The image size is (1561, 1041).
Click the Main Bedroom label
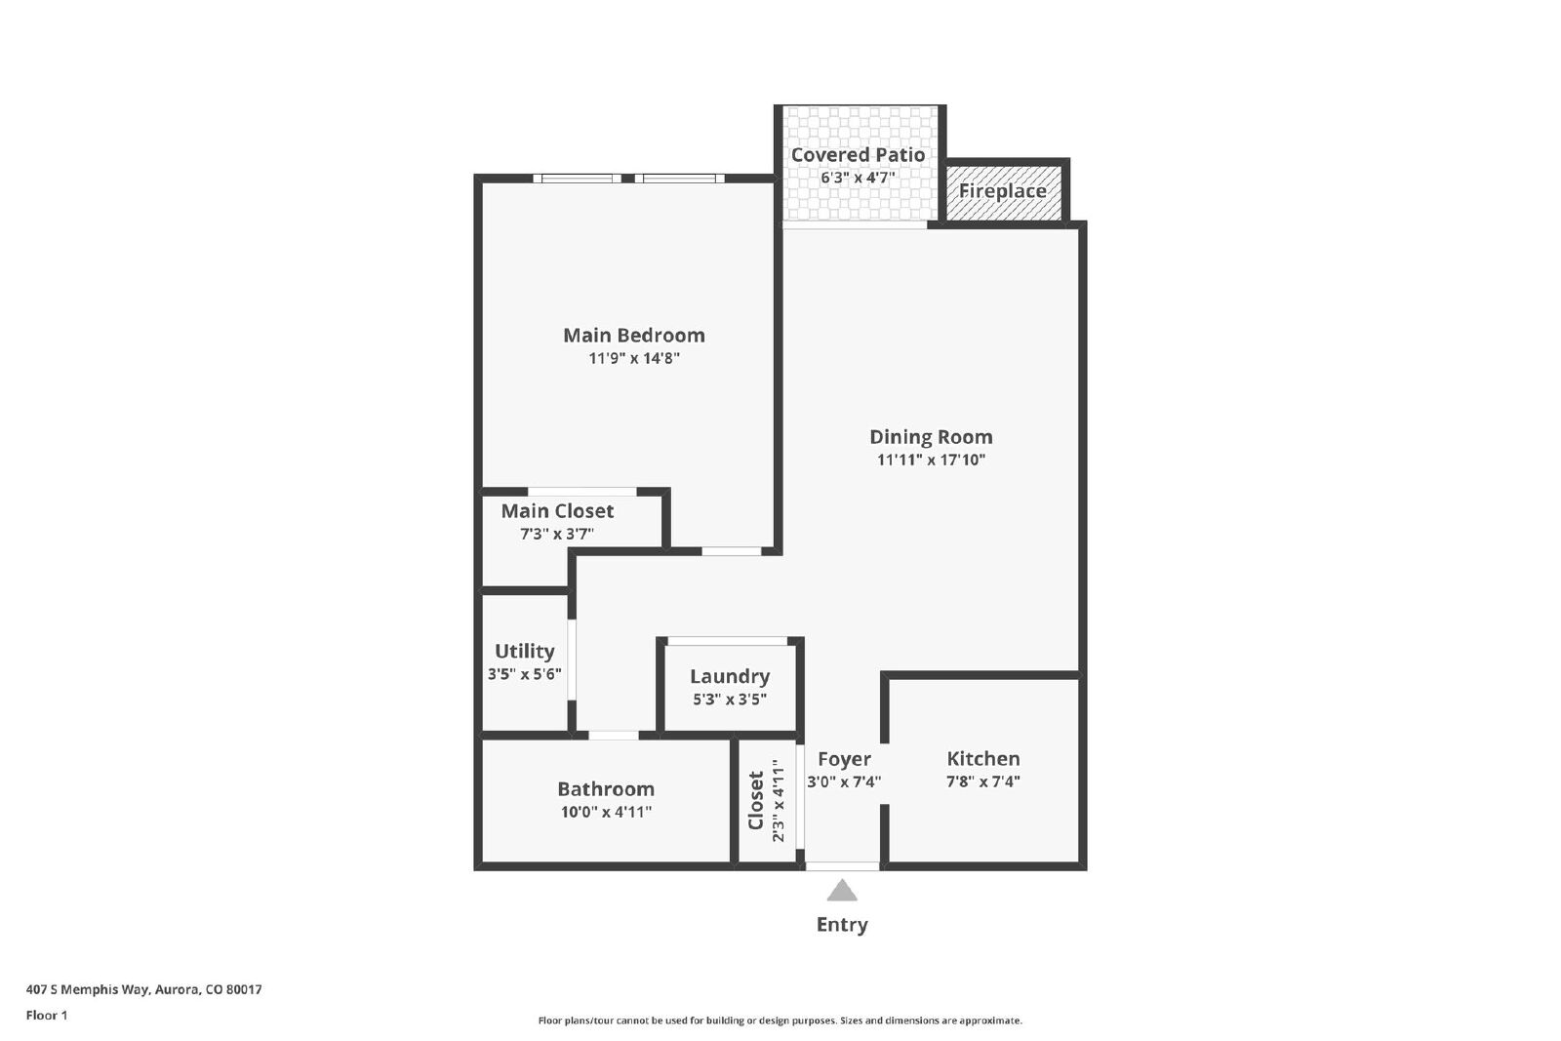633,336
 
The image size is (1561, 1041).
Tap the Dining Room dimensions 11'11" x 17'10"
931,460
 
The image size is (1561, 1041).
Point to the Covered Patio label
858,155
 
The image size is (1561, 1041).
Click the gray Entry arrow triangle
842,891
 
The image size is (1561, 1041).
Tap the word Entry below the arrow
842,925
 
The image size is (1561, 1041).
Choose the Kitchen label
982,758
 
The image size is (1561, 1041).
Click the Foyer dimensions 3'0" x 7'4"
844,781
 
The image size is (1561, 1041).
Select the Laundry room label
730,676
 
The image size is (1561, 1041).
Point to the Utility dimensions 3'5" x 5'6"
524,674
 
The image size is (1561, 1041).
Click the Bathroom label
606,788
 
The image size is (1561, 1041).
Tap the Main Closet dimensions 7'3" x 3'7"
557,534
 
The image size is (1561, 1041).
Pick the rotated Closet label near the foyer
755,800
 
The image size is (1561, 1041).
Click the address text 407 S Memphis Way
87,989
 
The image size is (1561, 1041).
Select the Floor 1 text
47,1016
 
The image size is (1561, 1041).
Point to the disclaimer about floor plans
780,1021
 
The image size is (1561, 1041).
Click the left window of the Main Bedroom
577,179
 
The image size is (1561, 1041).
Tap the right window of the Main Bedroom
679,179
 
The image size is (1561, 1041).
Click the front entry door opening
843,866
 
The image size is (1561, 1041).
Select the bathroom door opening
614,735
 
